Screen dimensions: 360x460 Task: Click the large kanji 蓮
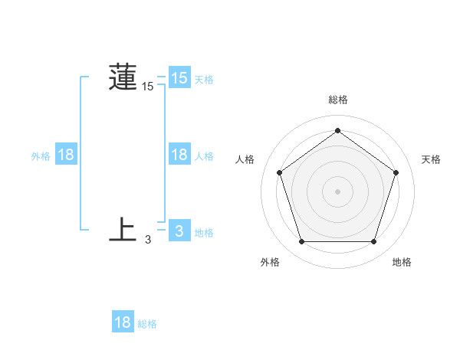(123, 77)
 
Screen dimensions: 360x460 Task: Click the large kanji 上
(123, 230)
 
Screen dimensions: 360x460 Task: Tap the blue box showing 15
(179, 78)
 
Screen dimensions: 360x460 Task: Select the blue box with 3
(179, 231)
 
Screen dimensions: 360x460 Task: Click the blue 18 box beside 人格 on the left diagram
(179, 155)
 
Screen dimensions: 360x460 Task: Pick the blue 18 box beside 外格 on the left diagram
(66, 155)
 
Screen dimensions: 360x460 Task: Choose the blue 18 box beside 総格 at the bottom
(123, 322)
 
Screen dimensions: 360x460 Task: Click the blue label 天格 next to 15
(204, 80)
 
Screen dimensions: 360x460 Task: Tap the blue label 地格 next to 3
(204, 233)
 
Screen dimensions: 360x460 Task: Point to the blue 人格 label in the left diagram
(204, 156)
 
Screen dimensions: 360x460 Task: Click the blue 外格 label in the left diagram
(41, 156)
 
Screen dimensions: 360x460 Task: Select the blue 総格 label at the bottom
(147, 324)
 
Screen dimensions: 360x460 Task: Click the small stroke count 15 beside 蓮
(148, 87)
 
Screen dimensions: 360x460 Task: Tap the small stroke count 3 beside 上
(148, 241)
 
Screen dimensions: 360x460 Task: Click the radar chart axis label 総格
(337, 100)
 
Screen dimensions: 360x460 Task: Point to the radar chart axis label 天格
(432, 159)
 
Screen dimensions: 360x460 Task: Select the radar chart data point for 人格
(279, 172)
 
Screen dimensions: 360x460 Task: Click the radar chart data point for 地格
(373, 242)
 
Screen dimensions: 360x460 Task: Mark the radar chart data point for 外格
(301, 242)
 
